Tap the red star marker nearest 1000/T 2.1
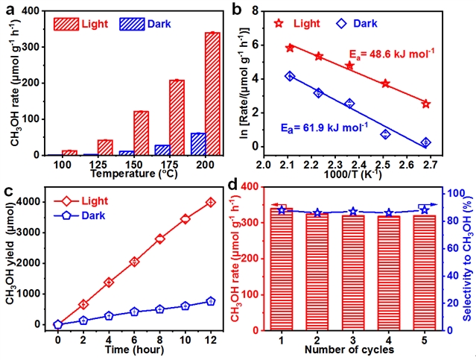[x=290, y=48]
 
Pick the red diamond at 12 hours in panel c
[x=211, y=202]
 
